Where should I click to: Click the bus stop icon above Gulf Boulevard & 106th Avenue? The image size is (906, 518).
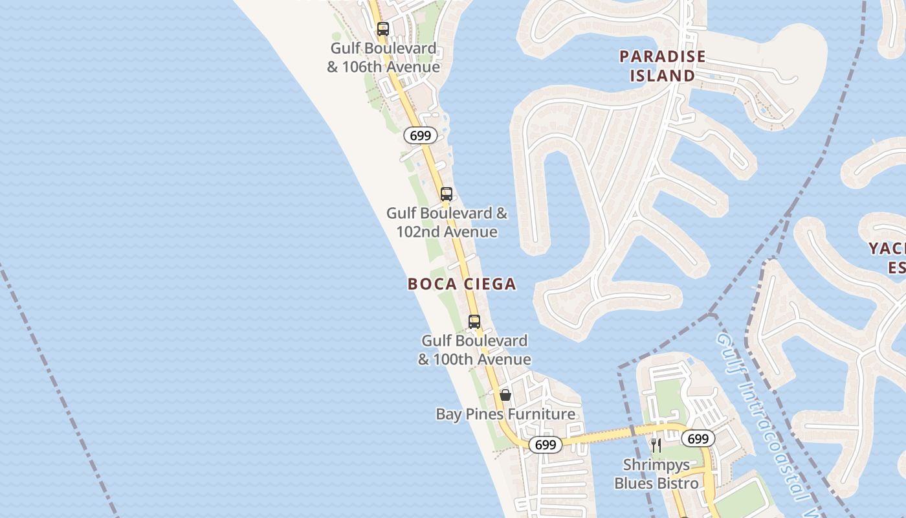383,29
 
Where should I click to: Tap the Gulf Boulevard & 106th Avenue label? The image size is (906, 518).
383,58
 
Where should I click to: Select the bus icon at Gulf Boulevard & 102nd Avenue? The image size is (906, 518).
446,194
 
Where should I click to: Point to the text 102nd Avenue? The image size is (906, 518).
447,232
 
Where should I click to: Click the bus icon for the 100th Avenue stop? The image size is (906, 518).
474,322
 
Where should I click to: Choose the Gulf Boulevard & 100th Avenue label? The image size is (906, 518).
474,350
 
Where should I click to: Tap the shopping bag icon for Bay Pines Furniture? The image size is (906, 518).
505,394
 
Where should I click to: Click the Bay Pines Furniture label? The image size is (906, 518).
505,414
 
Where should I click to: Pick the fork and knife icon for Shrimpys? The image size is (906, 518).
656,445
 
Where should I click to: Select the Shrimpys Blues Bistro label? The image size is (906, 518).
656,474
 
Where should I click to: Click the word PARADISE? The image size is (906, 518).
663,57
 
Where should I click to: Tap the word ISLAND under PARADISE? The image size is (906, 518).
663,76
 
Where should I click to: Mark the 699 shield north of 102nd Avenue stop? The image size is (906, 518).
421,136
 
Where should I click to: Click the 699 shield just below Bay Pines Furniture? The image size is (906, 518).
546,445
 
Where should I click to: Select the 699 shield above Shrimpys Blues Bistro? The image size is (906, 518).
698,439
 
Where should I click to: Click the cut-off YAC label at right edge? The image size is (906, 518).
887,249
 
